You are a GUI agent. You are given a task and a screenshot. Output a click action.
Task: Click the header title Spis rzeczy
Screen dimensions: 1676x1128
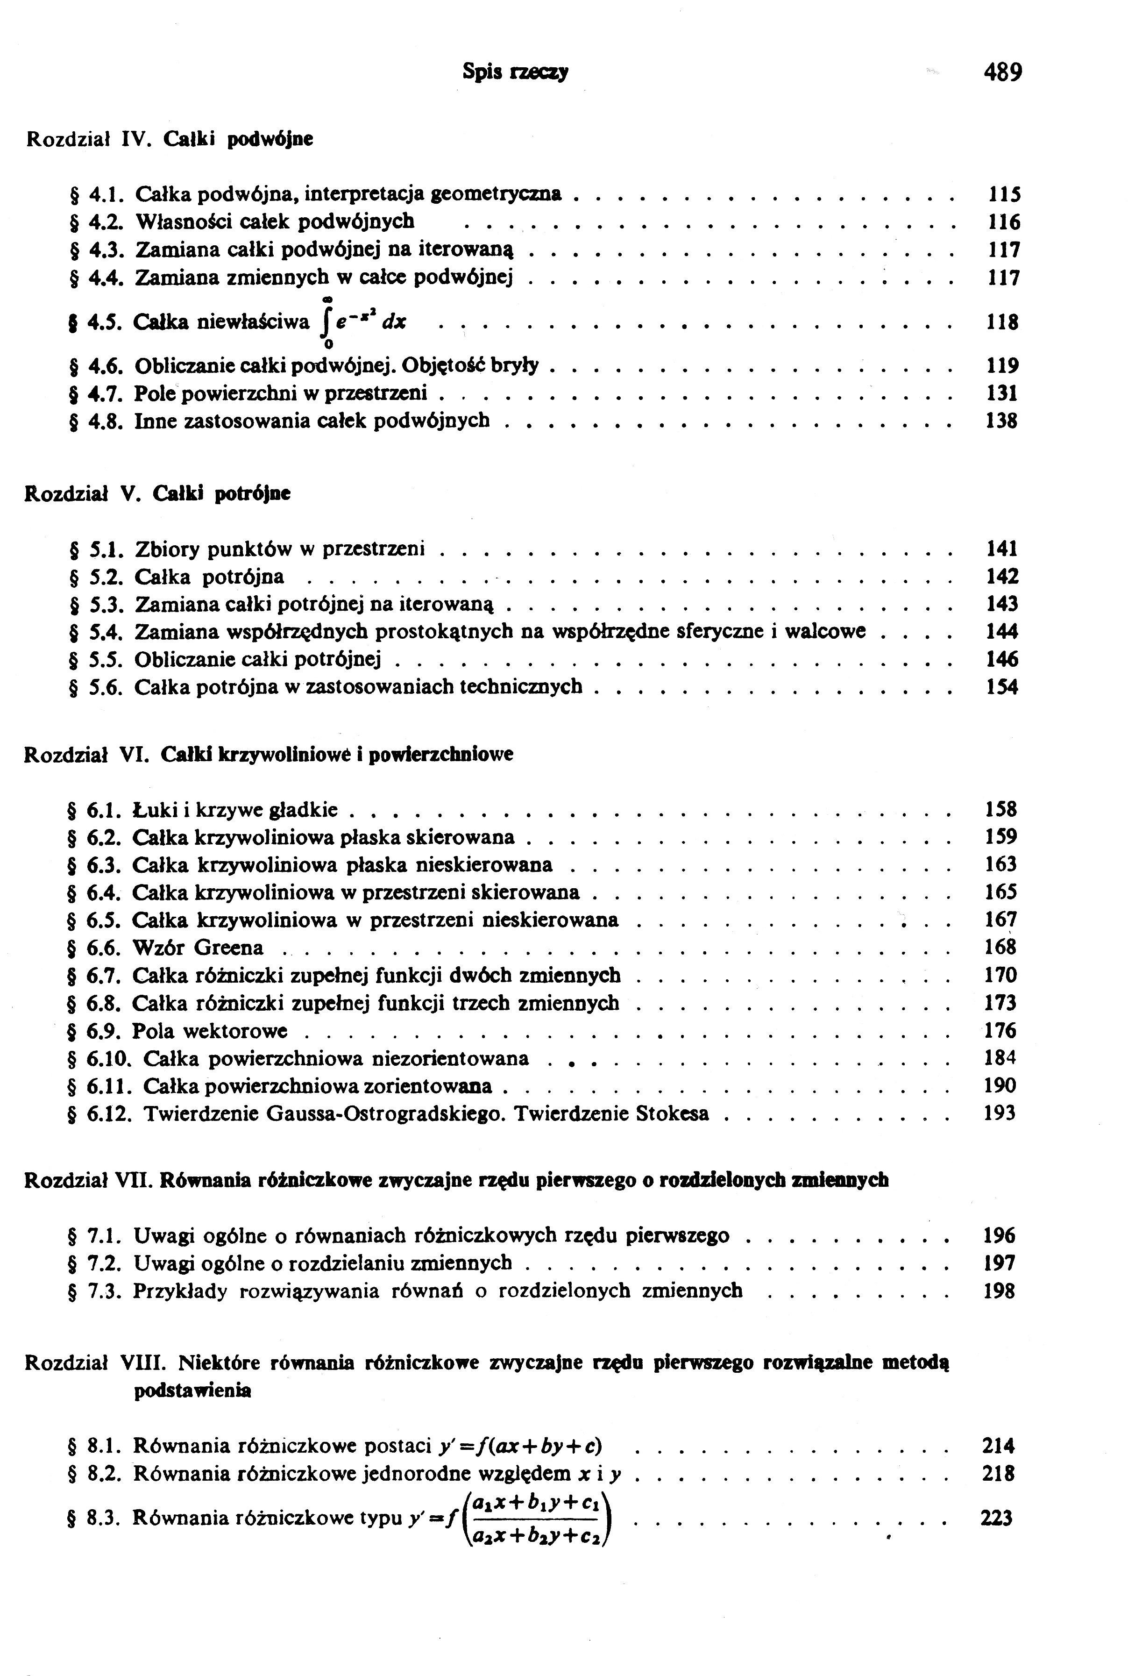tap(515, 72)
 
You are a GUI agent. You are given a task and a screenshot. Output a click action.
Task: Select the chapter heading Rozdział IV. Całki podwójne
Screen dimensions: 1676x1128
tap(170, 138)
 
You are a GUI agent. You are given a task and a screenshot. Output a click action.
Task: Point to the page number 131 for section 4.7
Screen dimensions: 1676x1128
tap(1001, 393)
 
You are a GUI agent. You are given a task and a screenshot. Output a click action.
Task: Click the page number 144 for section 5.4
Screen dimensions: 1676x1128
tap(1001, 632)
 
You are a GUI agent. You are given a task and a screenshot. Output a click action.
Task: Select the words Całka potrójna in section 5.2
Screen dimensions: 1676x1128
tap(209, 577)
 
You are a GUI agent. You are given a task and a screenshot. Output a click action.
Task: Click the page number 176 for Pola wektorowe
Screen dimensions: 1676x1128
tap(1000, 1030)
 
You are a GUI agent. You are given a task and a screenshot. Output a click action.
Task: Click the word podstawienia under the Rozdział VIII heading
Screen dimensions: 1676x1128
tap(193, 1391)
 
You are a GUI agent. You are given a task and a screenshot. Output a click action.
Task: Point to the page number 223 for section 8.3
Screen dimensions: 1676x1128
tap(997, 1519)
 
